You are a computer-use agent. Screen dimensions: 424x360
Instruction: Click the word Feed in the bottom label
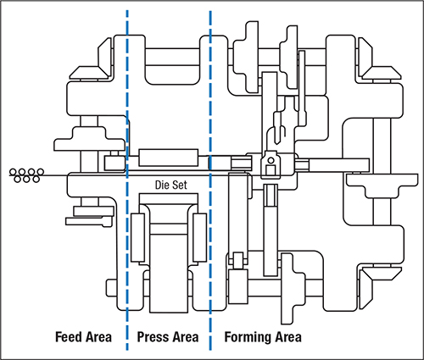pos(67,337)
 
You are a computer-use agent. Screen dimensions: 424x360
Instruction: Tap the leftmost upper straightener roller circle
pos(13,172)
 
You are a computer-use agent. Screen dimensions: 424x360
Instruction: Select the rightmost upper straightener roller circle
pos(41,172)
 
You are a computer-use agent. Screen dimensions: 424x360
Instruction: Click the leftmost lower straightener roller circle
pos(18,179)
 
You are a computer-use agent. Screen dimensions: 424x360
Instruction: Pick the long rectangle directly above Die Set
pos(168,158)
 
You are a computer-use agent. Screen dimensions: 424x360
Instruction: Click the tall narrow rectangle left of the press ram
pos(138,237)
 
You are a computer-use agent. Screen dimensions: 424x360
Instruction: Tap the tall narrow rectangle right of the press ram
pos(199,237)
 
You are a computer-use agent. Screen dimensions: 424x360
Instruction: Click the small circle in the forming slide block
pos(271,160)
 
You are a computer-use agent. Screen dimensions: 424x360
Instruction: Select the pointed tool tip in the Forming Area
pos(278,142)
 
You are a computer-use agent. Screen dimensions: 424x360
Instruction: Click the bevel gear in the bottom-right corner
pos(380,285)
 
